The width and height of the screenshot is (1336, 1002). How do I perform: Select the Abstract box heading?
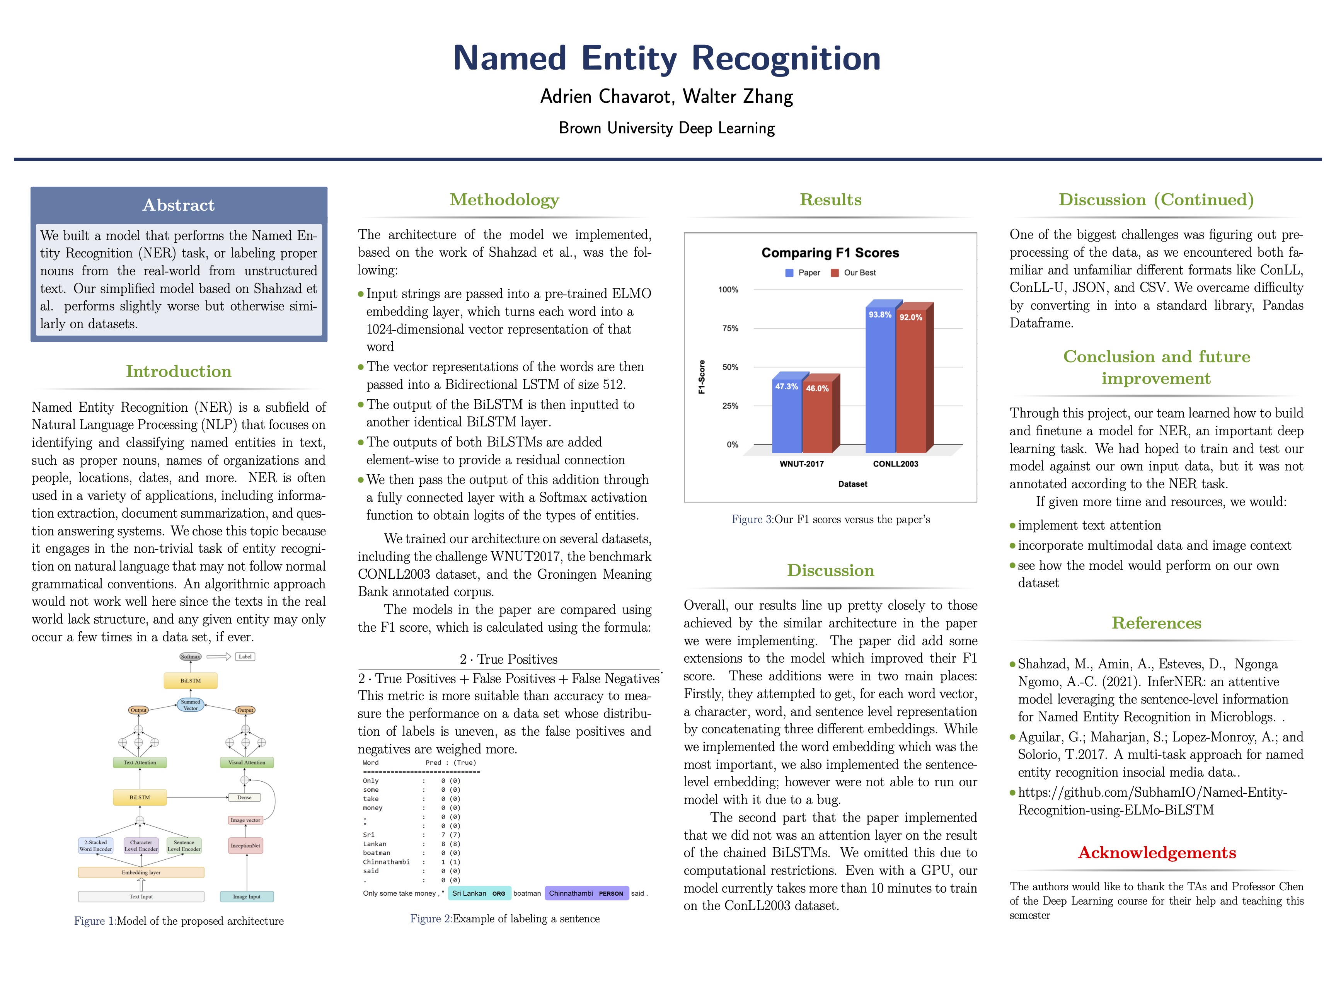click(x=178, y=205)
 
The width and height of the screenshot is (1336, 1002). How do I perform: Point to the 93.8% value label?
click(x=879, y=315)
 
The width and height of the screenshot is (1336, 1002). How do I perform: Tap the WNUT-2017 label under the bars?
click(x=801, y=464)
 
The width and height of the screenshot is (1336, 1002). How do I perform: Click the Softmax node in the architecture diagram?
click(x=190, y=656)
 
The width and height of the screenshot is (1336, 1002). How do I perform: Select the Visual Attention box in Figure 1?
click(x=246, y=763)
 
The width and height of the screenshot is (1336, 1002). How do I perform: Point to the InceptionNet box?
click(x=245, y=845)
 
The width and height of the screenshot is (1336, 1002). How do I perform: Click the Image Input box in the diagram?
click(x=246, y=897)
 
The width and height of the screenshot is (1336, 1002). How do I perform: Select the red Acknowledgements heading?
click(x=1157, y=853)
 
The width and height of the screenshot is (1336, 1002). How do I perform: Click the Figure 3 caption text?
click(x=830, y=520)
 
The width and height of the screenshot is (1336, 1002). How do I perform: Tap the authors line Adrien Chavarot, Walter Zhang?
click(x=667, y=97)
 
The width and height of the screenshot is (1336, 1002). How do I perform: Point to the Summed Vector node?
click(x=190, y=705)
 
